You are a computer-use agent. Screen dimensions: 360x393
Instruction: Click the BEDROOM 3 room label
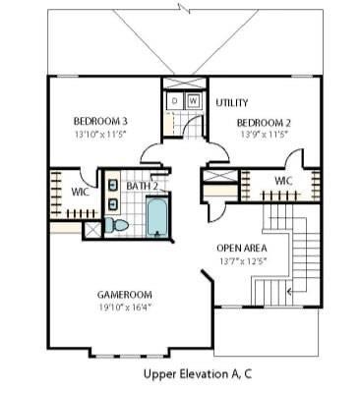click(100, 122)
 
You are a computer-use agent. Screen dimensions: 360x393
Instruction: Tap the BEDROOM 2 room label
click(264, 123)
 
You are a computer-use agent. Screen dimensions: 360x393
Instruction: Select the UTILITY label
click(232, 103)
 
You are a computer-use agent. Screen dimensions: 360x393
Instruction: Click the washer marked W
click(194, 100)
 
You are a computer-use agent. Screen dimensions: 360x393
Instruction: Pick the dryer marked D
click(175, 100)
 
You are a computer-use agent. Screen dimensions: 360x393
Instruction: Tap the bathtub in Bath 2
click(156, 216)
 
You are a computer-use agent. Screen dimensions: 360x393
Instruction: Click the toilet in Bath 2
click(117, 225)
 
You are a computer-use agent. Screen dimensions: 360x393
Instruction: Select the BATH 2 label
click(142, 186)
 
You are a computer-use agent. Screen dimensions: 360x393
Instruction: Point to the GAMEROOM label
click(125, 295)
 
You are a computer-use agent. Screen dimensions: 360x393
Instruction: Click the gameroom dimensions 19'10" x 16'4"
click(125, 308)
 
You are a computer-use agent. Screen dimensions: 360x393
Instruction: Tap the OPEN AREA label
click(242, 249)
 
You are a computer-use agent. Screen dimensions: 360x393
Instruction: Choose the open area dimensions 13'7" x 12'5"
click(242, 261)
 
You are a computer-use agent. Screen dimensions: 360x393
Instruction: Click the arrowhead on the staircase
click(289, 291)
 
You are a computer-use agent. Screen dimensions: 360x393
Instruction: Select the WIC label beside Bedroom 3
click(80, 193)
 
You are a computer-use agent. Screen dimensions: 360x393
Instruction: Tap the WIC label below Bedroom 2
click(283, 181)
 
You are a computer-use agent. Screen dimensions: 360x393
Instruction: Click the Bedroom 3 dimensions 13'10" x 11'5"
click(100, 135)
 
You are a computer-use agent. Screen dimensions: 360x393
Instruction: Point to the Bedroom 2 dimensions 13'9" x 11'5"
click(264, 135)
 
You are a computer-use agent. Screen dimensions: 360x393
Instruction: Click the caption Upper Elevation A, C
click(198, 374)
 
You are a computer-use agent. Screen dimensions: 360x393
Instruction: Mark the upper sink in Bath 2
click(113, 185)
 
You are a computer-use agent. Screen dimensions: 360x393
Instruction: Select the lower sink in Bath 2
click(113, 204)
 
